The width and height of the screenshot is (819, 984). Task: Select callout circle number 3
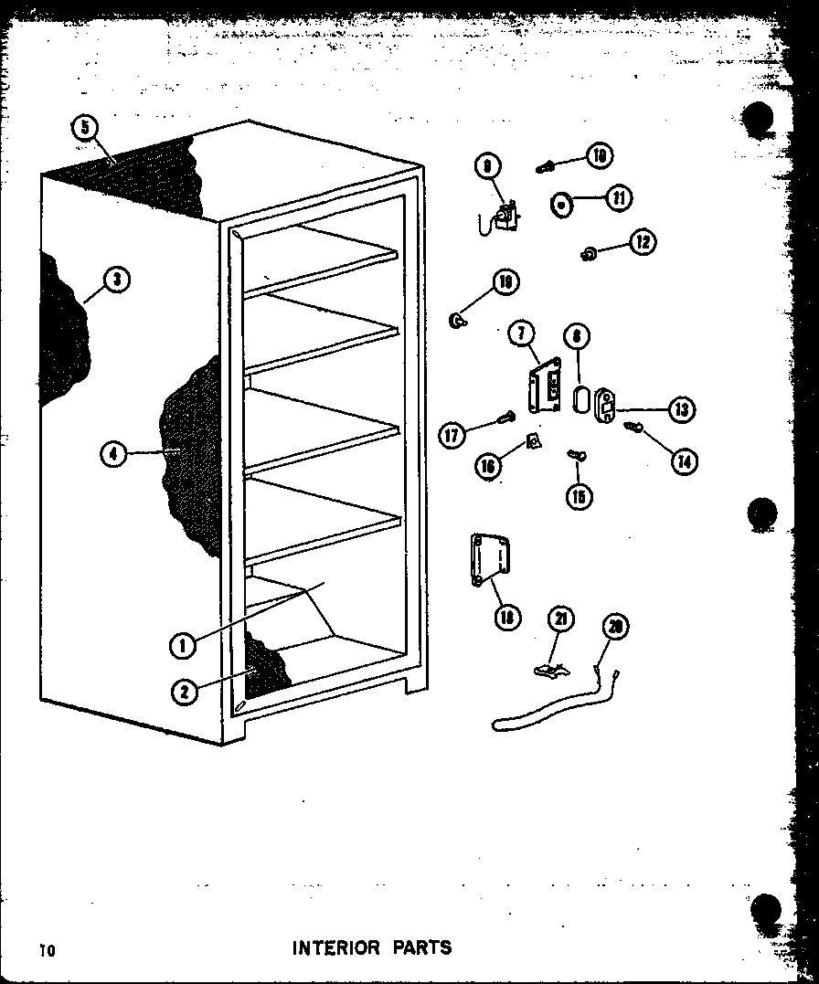(x=116, y=280)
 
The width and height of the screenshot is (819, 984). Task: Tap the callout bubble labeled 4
(x=113, y=452)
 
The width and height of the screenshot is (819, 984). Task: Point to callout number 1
(x=183, y=645)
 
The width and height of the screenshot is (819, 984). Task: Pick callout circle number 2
(x=184, y=692)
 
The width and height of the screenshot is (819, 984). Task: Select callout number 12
(x=643, y=242)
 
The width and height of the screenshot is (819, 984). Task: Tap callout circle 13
(x=680, y=409)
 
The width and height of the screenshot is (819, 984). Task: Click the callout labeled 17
(x=452, y=435)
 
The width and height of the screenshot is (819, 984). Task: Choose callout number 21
(x=560, y=619)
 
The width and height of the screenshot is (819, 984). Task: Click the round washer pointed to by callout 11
(x=561, y=205)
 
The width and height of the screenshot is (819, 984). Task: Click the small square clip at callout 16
(x=534, y=442)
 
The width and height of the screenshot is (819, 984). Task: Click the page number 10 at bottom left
(x=47, y=950)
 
